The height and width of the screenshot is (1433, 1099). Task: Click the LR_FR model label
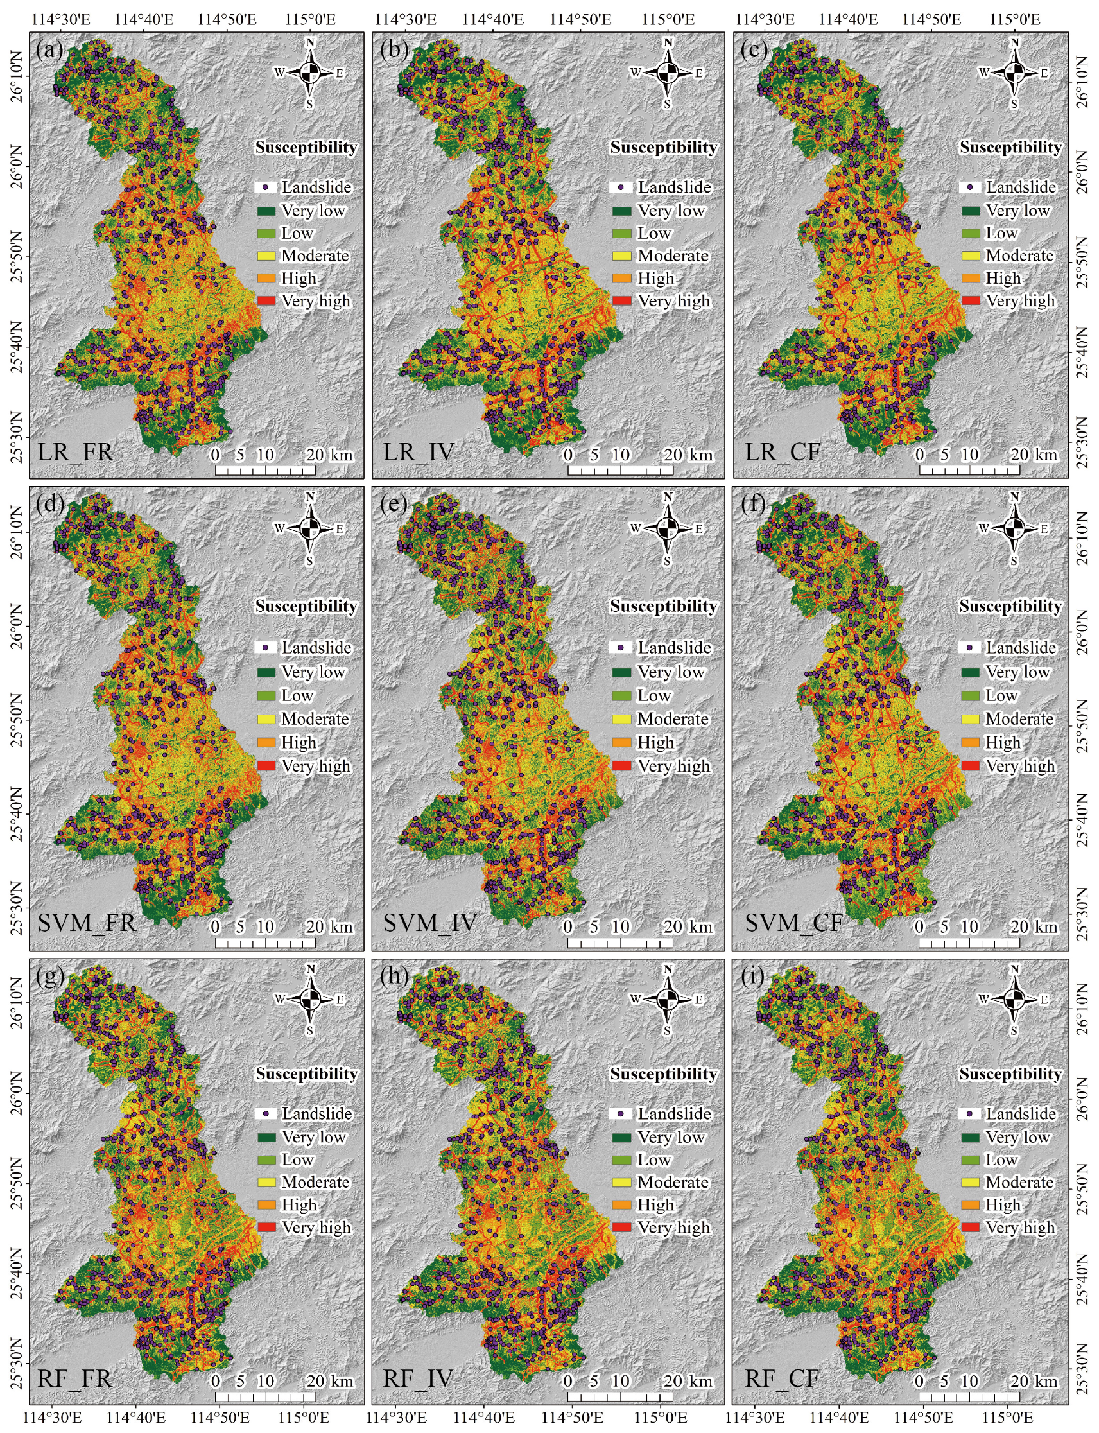tap(75, 452)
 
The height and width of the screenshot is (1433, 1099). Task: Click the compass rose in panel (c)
tap(1014, 73)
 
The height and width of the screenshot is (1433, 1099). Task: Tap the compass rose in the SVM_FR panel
tap(311, 528)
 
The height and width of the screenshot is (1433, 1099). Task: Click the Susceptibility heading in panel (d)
tap(306, 606)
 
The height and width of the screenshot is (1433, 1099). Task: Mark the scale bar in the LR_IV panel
tap(619, 471)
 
